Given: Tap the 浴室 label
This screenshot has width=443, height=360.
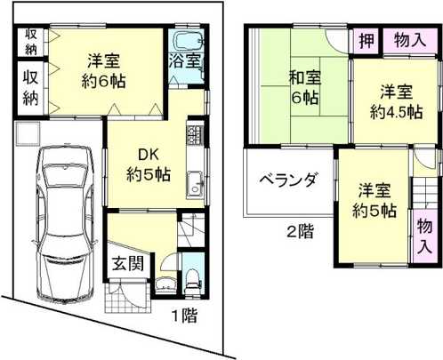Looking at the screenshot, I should [x=186, y=66].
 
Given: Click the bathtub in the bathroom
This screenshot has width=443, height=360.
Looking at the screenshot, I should [x=186, y=42].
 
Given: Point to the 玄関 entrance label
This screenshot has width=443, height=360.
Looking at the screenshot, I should [x=125, y=263].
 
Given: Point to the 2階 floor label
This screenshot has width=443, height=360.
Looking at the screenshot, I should [x=299, y=234].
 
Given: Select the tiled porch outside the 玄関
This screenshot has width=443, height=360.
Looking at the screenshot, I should [x=119, y=297].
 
